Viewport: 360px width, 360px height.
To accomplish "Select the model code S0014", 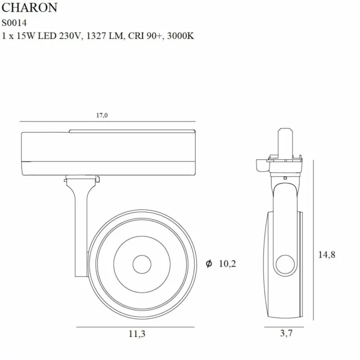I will [x=15, y=23].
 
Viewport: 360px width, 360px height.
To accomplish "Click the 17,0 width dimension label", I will [x=101, y=115].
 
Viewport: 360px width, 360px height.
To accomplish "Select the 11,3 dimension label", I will [x=136, y=334].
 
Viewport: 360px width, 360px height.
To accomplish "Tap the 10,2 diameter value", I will [x=226, y=264].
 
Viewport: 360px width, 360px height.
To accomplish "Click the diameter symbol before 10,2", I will [x=209, y=264].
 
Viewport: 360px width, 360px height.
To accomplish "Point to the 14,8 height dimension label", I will [x=326, y=255].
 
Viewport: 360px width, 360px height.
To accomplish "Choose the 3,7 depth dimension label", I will [x=286, y=334].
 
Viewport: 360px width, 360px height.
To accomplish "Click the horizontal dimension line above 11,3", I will [x=136, y=327].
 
